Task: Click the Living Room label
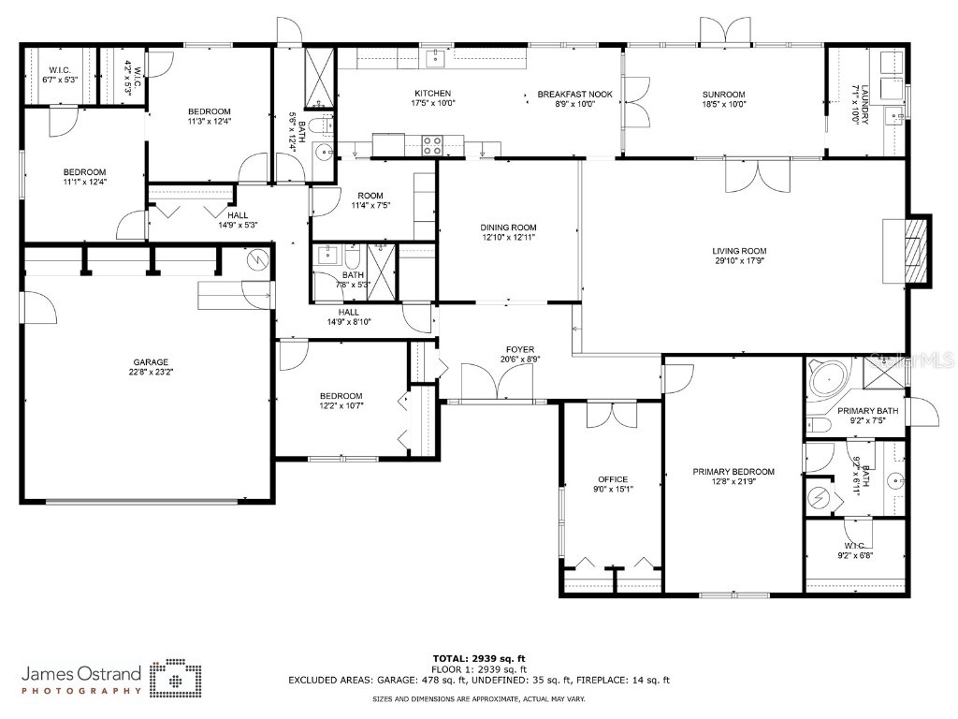pos(739,251)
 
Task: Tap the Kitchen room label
pos(433,94)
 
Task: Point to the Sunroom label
pos(723,95)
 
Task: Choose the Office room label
pos(613,479)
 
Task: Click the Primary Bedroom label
pos(733,472)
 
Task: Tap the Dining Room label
pos(508,227)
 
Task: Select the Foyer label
pos(520,350)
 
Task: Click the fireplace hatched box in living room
pos(916,249)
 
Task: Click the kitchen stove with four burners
pos(433,145)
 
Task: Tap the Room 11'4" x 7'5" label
pos(370,196)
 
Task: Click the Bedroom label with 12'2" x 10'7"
pos(341,396)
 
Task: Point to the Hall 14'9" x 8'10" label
pos(349,313)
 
